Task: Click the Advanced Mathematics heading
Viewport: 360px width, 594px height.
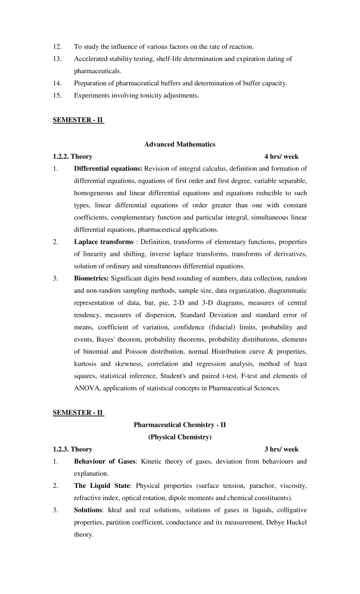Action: click(180, 144)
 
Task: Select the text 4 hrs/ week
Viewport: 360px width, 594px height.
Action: click(281, 156)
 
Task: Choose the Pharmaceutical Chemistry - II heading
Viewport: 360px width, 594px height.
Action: click(180, 425)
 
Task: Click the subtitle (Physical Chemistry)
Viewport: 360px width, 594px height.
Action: click(180, 437)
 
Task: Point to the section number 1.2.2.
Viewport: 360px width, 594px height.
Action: click(61, 156)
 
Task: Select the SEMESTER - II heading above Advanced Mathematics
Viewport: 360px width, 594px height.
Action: click(78, 120)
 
